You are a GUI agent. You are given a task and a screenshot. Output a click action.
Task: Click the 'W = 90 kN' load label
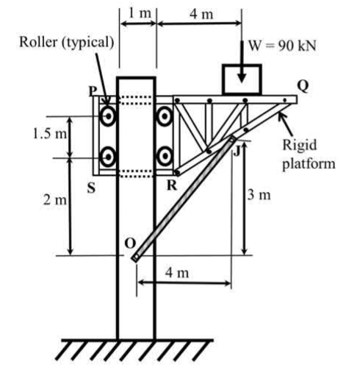click(282, 46)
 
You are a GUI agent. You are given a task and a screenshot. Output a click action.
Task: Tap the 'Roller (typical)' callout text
click(67, 42)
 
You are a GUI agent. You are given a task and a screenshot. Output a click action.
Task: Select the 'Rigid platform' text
click(309, 154)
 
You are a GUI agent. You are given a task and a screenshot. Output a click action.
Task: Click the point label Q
click(303, 86)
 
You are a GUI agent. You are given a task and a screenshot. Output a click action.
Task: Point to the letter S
click(91, 188)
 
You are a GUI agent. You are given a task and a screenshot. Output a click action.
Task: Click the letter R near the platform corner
click(172, 185)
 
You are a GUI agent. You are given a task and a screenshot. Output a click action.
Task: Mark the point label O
click(129, 243)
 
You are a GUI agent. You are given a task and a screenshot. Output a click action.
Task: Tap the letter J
click(237, 152)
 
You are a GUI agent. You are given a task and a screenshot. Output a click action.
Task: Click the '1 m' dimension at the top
click(140, 13)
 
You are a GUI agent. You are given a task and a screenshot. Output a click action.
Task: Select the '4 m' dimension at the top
click(201, 14)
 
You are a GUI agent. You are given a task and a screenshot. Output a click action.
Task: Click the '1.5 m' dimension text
click(50, 134)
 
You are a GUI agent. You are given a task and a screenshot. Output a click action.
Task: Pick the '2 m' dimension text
click(55, 200)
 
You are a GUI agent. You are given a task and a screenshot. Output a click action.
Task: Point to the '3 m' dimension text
click(259, 195)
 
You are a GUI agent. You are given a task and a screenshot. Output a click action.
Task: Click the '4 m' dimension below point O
click(177, 273)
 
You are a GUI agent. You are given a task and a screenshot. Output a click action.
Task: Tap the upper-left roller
click(108, 116)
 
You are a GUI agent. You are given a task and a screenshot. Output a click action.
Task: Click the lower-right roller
click(165, 156)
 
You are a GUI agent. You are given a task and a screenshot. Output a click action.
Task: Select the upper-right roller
click(165, 116)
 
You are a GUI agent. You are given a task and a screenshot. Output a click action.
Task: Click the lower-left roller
click(108, 157)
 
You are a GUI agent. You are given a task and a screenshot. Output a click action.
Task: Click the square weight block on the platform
click(242, 79)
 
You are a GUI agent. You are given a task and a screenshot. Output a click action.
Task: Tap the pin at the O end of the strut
click(135, 257)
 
